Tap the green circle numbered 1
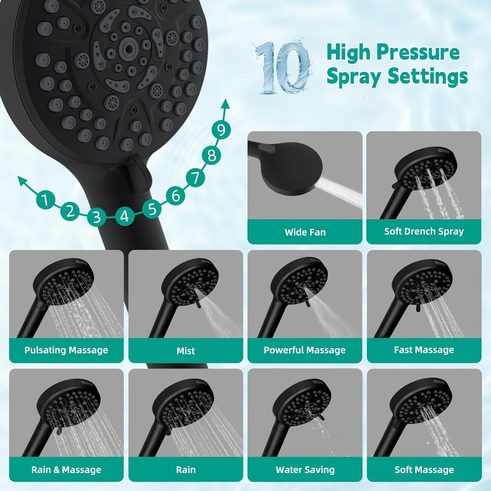(45, 199)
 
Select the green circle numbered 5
(152, 209)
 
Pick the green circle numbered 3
(97, 217)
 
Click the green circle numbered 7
(195, 178)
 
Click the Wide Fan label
(305, 232)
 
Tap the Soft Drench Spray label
(424, 231)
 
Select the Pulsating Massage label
(66, 350)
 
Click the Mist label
(186, 351)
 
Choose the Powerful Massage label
(304, 350)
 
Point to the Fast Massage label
(424, 350)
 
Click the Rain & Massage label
(66, 469)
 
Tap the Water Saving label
(305, 469)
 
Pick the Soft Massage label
(424, 469)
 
